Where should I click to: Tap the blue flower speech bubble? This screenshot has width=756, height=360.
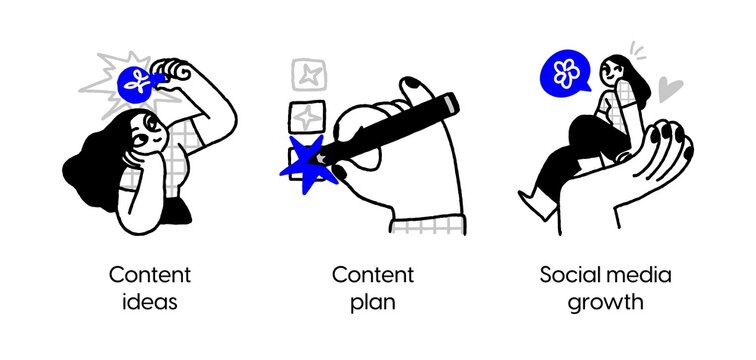(x=567, y=75)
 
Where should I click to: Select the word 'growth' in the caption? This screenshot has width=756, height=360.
(x=606, y=301)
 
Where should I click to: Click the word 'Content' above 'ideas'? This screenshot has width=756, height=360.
(x=149, y=274)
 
